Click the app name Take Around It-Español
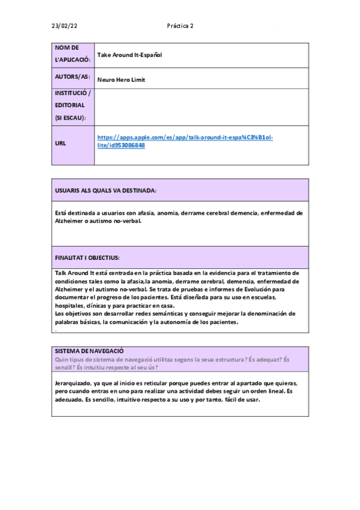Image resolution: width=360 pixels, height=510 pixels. pyautogui.click(x=130, y=55)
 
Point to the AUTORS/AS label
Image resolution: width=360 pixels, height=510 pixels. pyautogui.click(x=72, y=78)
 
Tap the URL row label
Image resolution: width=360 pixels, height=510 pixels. pyautogui.click(x=60, y=144)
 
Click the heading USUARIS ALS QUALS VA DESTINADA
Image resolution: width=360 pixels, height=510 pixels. pyautogui.click(x=106, y=190)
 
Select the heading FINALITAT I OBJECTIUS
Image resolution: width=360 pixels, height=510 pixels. pyautogui.click(x=87, y=257)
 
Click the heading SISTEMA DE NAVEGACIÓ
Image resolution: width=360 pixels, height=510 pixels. pyautogui.click(x=89, y=351)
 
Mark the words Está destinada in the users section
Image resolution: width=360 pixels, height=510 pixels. pyautogui.click(x=75, y=212)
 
